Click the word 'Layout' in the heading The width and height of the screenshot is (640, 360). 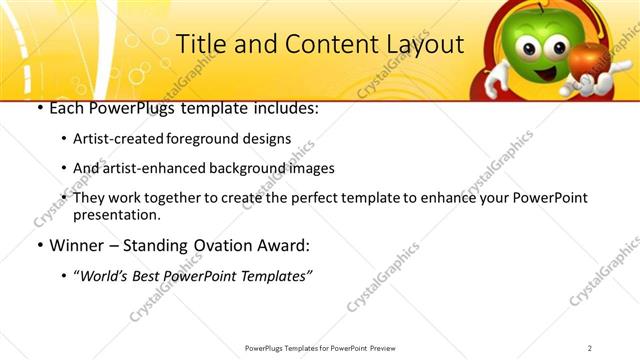click(424, 45)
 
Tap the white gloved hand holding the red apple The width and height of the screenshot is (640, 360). click(584, 88)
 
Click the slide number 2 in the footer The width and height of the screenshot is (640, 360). click(590, 348)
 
